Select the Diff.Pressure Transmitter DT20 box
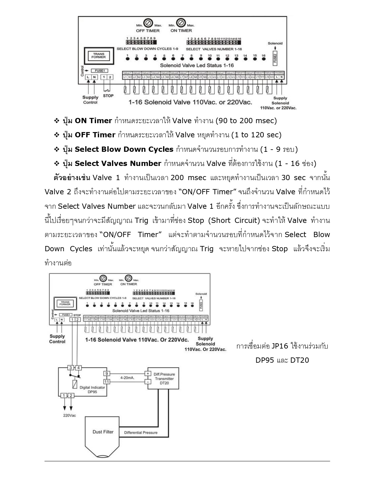coord(163,378)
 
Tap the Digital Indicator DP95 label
coord(92,389)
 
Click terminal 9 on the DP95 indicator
coord(106,374)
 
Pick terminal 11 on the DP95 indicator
coord(106,382)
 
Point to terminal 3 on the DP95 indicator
coord(70,368)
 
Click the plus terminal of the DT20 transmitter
coord(148,374)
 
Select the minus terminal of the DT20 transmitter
coord(148,382)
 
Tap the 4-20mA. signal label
coord(127,377)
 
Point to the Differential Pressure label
coord(141,433)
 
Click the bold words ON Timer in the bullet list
coord(93,121)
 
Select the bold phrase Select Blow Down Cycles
coord(124,149)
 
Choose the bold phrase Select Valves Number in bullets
coord(118,163)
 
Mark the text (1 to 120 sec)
coord(256,135)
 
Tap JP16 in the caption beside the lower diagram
coord(279,346)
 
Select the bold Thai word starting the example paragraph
coord(72,178)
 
